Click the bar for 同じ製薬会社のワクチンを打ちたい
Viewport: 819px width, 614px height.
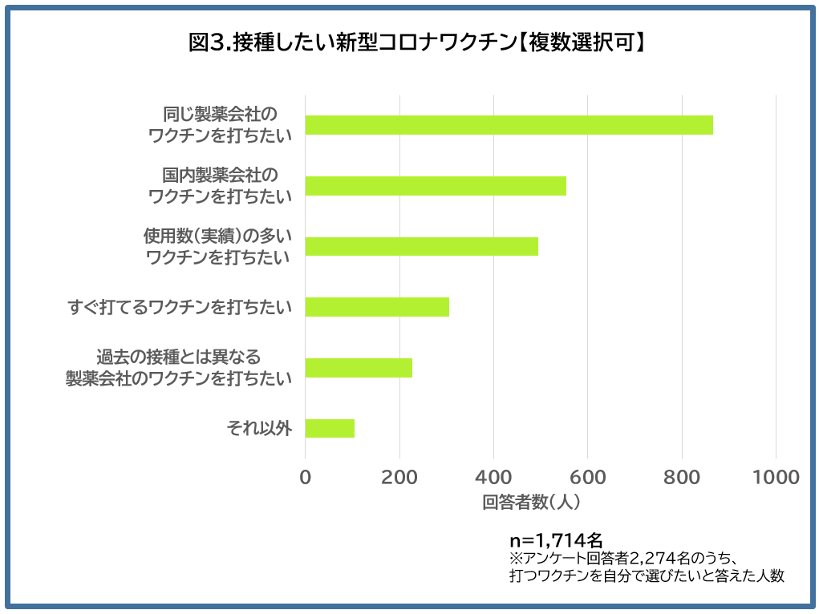509,125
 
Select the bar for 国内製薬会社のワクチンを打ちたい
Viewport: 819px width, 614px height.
436,186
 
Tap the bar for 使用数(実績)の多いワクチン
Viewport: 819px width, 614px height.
421,246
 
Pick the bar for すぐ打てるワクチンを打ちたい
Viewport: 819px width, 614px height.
377,307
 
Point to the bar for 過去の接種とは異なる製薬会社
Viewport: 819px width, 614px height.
359,368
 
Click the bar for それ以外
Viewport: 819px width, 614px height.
330,428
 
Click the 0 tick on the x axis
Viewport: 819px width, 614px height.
306,478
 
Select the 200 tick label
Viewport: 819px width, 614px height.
399,478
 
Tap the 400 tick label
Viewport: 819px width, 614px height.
493,478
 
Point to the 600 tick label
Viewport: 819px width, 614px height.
587,478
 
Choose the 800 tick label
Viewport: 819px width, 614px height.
682,478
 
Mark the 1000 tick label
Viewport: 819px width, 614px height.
776,478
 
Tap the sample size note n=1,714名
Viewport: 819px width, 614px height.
556,539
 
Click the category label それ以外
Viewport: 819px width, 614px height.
259,429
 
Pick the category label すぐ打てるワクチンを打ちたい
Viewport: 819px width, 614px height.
179,307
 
